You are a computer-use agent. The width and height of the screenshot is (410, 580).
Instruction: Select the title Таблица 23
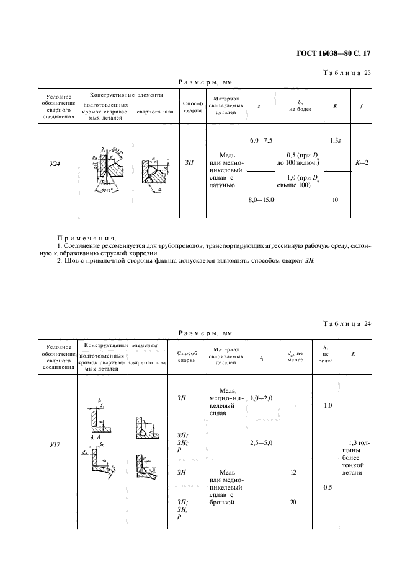[x=347, y=72]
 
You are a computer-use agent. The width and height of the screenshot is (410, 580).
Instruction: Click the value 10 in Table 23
[x=335, y=200]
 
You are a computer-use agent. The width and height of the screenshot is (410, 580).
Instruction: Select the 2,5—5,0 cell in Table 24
[x=262, y=443]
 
